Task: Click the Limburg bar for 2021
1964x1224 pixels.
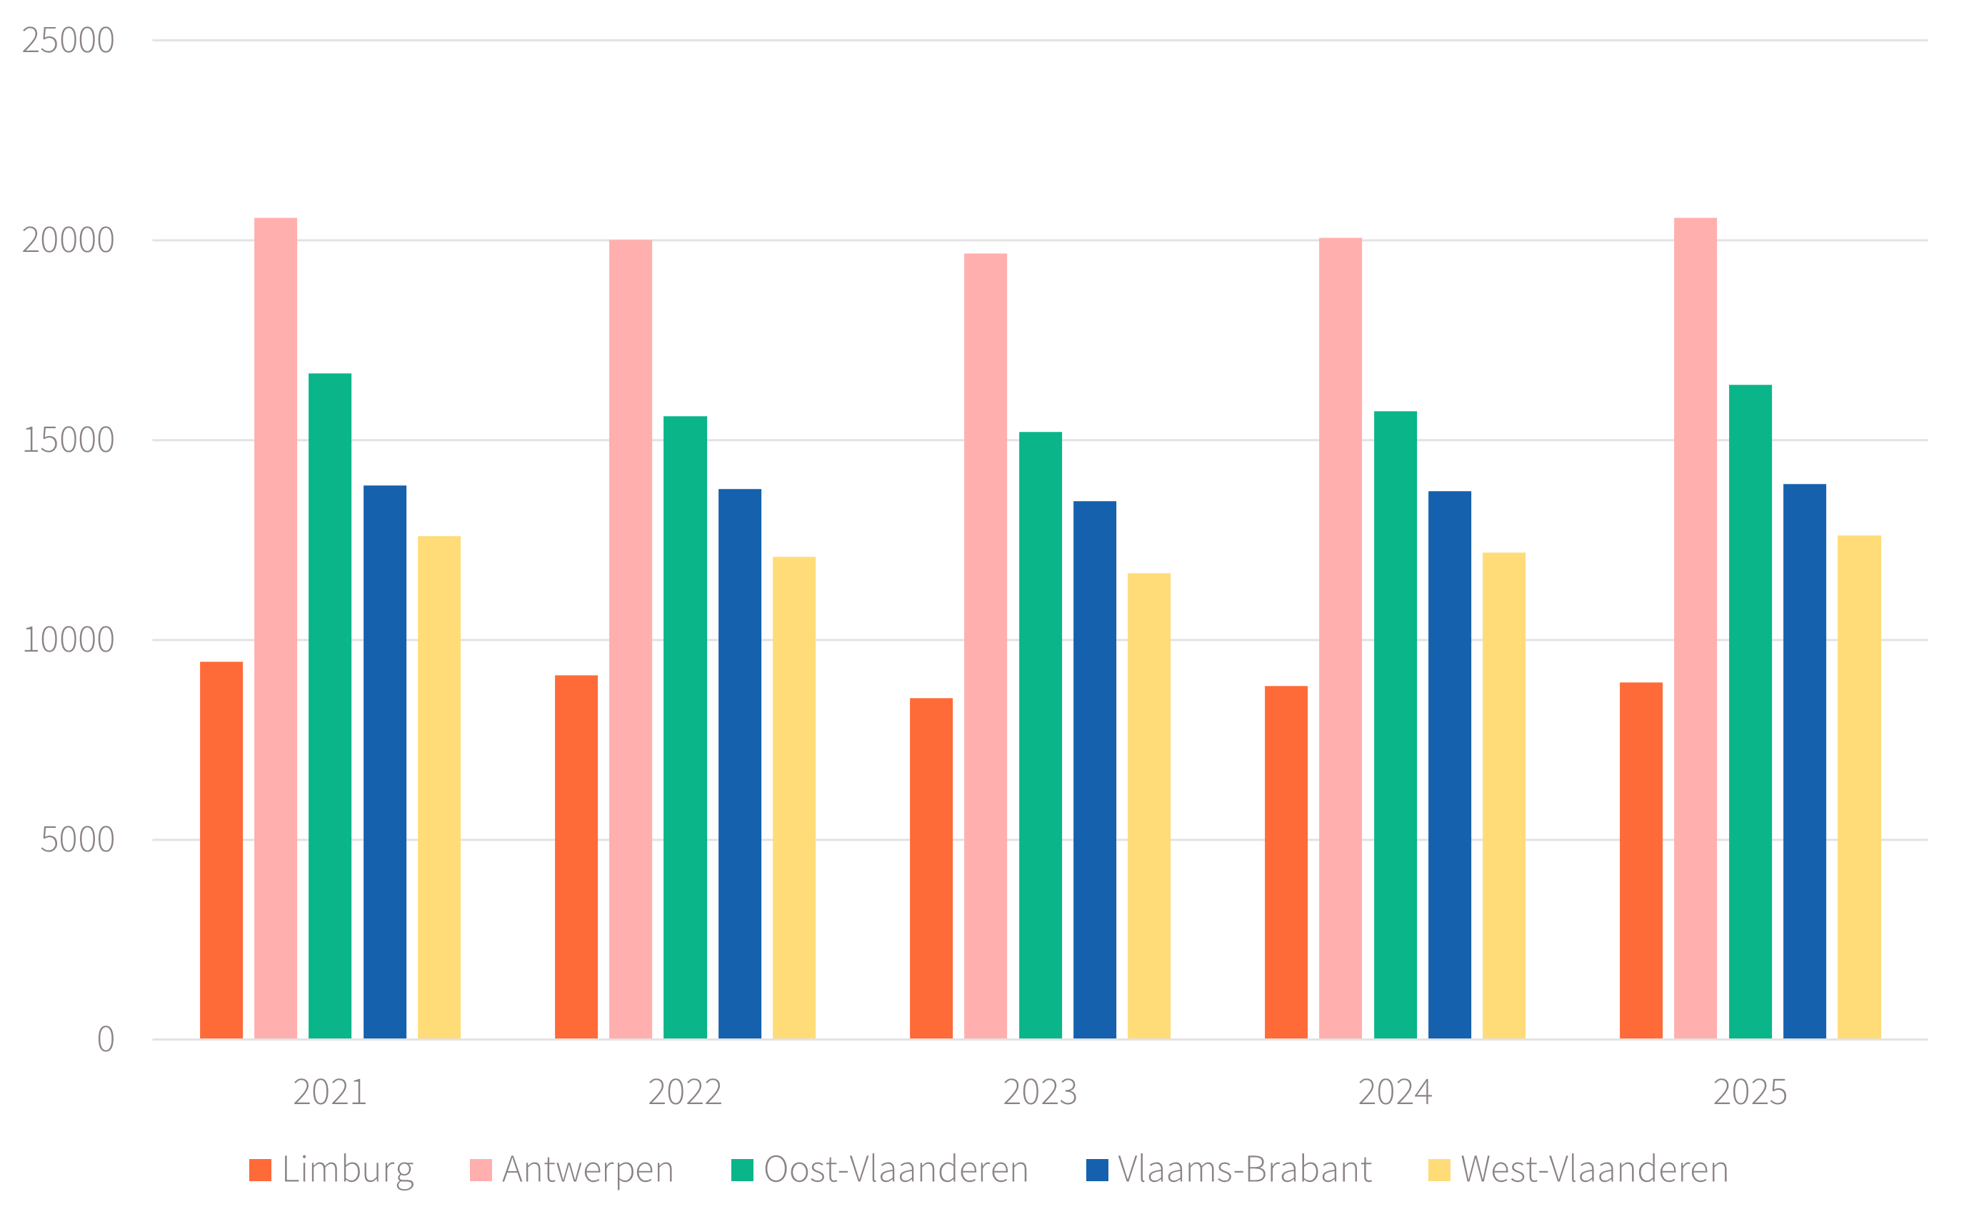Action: tap(221, 850)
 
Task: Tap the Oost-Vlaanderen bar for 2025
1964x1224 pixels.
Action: tap(1750, 712)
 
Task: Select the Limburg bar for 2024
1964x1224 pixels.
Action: tap(1286, 862)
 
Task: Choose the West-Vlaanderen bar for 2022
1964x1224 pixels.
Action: tap(793, 797)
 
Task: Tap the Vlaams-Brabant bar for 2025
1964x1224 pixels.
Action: tap(1805, 761)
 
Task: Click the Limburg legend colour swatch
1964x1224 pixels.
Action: tap(260, 1170)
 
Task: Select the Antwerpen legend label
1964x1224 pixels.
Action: tap(587, 1170)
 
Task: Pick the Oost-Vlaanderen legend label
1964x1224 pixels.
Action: tap(895, 1170)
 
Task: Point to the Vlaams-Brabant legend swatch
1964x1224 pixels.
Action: tap(1096, 1170)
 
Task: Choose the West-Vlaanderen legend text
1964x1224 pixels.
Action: tap(1594, 1170)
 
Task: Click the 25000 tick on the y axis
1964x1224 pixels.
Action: tap(68, 41)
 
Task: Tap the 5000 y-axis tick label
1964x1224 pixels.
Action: tap(77, 839)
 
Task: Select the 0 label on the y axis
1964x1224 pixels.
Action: tap(105, 1039)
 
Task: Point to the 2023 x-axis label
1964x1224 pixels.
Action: tap(1040, 1093)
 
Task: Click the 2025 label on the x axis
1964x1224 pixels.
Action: tap(1749, 1093)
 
